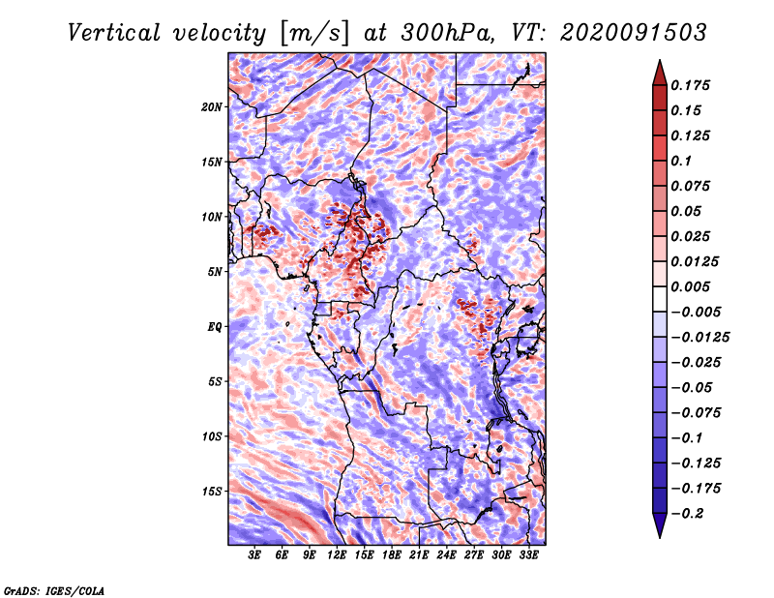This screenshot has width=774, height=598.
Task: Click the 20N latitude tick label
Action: click(212, 107)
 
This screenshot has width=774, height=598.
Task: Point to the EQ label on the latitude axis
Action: click(214, 327)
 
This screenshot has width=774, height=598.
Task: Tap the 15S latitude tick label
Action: click(212, 492)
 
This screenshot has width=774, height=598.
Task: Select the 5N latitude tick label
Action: click(215, 272)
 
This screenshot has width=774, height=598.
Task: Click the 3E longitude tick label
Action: click(254, 555)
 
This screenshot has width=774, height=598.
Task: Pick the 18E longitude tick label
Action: click(392, 555)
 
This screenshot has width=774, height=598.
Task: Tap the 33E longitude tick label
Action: click(528, 555)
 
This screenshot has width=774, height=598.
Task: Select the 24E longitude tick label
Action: click(446, 555)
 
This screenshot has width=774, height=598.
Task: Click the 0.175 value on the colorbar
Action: click(690, 85)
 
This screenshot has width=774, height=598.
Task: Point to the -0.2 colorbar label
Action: click(687, 514)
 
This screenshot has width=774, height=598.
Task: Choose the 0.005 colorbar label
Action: click(690, 286)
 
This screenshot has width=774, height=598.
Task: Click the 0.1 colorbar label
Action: click(681, 161)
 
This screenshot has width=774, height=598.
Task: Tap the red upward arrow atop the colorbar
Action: click(660, 73)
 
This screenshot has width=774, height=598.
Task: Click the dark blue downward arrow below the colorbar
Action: click(660, 525)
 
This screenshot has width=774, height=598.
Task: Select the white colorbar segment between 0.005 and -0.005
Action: click(660, 299)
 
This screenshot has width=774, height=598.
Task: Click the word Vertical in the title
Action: click(113, 33)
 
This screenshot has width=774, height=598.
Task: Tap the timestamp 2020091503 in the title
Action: click(634, 33)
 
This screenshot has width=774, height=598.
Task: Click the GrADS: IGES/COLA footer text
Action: click(54, 590)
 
